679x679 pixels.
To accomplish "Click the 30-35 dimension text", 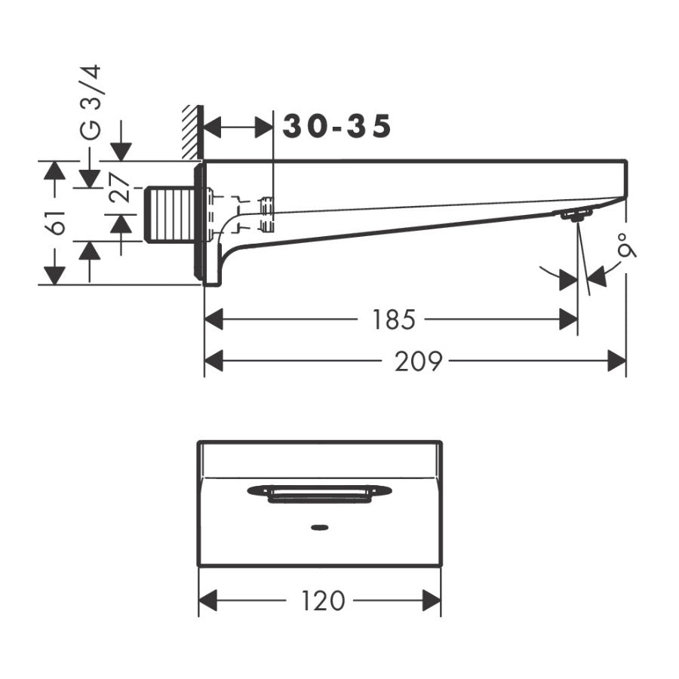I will tap(337, 127).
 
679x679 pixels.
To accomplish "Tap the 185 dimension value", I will tap(392, 321).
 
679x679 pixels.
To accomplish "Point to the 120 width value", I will tap(322, 601).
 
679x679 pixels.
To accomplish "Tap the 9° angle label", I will tap(625, 247).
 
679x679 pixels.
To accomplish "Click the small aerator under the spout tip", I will tap(574, 217).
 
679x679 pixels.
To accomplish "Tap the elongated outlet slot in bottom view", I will tap(319, 493).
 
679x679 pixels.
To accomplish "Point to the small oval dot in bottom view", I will tap(319, 527).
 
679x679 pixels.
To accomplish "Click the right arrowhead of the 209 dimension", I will tap(617, 362).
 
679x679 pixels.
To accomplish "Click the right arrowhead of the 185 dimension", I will tap(568, 321).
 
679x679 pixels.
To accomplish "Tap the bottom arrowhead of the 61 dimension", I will tap(53, 275).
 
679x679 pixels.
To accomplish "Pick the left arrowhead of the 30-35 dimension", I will tap(214, 128).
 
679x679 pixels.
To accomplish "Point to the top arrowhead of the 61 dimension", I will tap(53, 171).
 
